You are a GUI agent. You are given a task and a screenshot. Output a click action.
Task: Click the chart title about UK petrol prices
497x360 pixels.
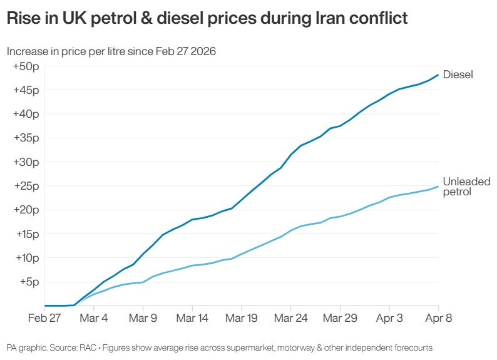click(x=207, y=19)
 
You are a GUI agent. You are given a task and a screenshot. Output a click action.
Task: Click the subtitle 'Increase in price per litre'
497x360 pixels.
click(x=111, y=51)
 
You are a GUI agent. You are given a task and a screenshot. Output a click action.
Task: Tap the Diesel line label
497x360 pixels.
click(x=458, y=75)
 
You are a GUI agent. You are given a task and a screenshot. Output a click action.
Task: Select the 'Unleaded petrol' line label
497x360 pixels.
click(x=466, y=187)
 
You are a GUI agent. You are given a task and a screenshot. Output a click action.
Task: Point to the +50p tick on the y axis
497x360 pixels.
click(x=26, y=66)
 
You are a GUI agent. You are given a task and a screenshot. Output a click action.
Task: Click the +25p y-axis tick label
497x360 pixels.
click(x=26, y=186)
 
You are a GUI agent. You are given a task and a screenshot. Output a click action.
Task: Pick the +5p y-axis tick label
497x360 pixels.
click(x=29, y=282)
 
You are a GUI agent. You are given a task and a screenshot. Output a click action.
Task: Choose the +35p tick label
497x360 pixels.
click(x=26, y=138)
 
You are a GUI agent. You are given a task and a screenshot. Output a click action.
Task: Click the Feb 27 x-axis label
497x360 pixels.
click(x=45, y=318)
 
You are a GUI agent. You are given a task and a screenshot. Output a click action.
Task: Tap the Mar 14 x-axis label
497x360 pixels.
click(x=192, y=318)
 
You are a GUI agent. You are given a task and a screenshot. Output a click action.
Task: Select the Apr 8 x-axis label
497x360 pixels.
click(x=438, y=318)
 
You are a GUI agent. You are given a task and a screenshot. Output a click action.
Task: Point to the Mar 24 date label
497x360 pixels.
click(x=290, y=318)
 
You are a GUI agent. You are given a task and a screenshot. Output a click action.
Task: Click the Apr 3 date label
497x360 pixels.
click(x=389, y=318)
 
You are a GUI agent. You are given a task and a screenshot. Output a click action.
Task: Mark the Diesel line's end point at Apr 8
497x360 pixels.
click(x=438, y=75)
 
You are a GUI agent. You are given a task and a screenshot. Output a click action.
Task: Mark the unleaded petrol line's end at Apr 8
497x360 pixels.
click(x=438, y=187)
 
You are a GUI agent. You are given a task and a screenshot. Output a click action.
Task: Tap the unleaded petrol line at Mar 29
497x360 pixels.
click(x=340, y=217)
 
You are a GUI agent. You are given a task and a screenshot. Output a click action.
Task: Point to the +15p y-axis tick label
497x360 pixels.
click(x=26, y=234)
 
